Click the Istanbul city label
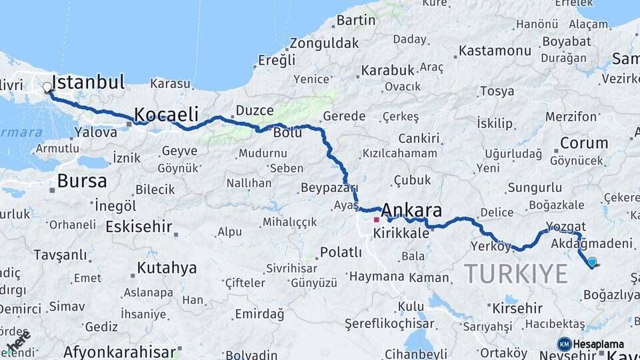[88, 83]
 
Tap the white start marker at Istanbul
[47, 87]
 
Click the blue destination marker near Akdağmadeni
[591, 263]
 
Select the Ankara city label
[411, 211]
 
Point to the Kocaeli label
[167, 113]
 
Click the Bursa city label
[82, 181]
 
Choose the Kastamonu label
[495, 51]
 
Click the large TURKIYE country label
[515, 273]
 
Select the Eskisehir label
[139, 226]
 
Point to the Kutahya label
[167, 268]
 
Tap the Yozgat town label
[565, 227]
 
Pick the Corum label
[583, 143]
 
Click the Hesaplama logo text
[598, 344]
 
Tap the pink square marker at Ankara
[376, 219]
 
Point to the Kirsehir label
[517, 309]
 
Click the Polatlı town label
[341, 252]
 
